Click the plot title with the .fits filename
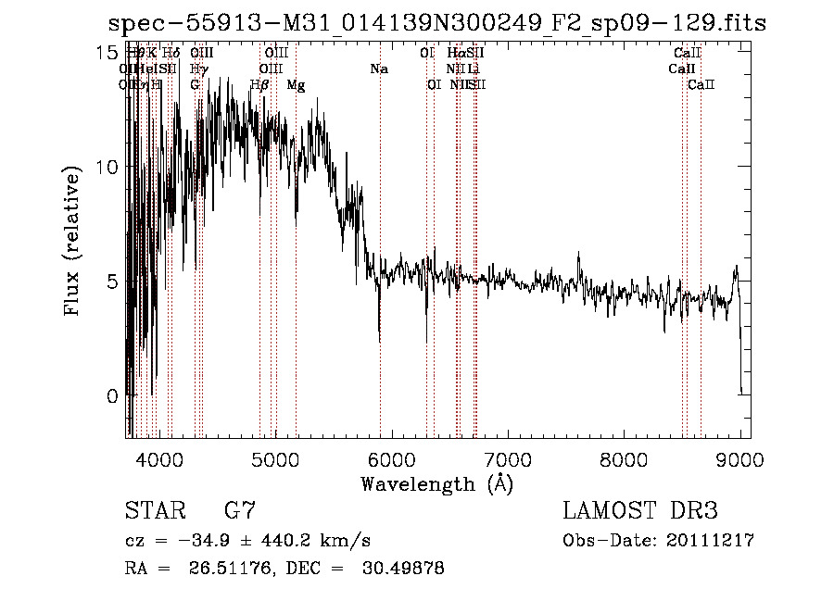coord(436,23)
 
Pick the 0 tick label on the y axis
coord(113,396)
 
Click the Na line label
coord(378,69)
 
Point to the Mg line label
coord(296,85)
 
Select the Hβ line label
coord(260,85)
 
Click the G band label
coord(195,85)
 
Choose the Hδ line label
coord(171,54)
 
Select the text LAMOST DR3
coord(640,512)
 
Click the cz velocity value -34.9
coord(200,541)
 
